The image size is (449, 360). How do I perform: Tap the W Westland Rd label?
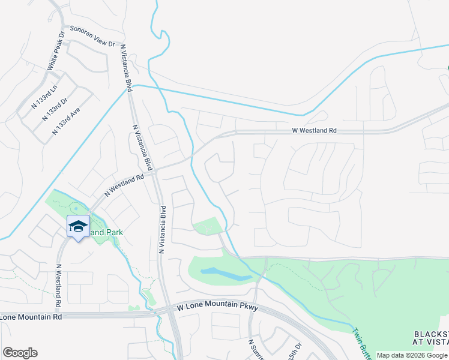[315, 130]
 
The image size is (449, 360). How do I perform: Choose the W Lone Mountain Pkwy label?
[217, 307]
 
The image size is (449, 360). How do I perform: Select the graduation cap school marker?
[78, 226]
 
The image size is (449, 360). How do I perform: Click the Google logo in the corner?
[20, 353]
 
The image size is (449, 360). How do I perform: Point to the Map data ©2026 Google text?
[412, 355]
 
